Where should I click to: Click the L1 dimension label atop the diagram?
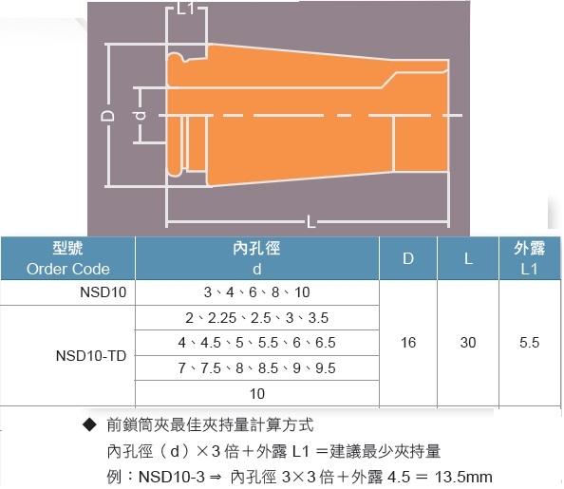tap(185, 9)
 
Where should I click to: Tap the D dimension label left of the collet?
tap(107, 116)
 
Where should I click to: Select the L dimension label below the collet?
tap(310, 221)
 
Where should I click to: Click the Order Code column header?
tap(68, 258)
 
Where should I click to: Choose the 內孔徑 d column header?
tap(256, 258)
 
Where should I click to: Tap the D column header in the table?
tap(408, 258)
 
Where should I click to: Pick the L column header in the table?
tap(468, 258)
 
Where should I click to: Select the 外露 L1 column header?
tap(529, 258)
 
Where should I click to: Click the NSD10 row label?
tap(103, 292)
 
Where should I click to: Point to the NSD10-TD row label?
tap(91, 356)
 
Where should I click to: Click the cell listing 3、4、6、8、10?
tap(256, 292)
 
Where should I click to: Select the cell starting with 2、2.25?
tap(256, 318)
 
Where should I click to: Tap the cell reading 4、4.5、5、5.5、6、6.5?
tap(256, 343)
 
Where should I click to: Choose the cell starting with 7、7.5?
tap(256, 368)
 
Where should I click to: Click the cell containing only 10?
tap(256, 394)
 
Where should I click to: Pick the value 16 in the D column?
tap(408, 343)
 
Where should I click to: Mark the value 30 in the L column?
tap(468, 343)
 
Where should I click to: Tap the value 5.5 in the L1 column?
tap(529, 343)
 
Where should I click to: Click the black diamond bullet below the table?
tap(89, 425)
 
